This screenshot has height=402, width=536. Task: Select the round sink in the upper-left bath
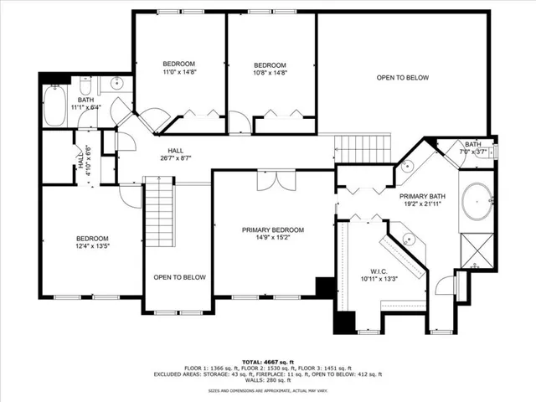[x=116, y=83]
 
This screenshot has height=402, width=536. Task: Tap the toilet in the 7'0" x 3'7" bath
[x=491, y=152]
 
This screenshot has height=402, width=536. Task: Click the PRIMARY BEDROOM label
[x=273, y=229]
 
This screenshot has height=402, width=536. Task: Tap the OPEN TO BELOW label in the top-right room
[x=402, y=78]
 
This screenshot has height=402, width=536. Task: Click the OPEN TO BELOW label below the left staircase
[x=179, y=276]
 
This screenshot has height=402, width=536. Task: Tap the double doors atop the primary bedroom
[x=274, y=181]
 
